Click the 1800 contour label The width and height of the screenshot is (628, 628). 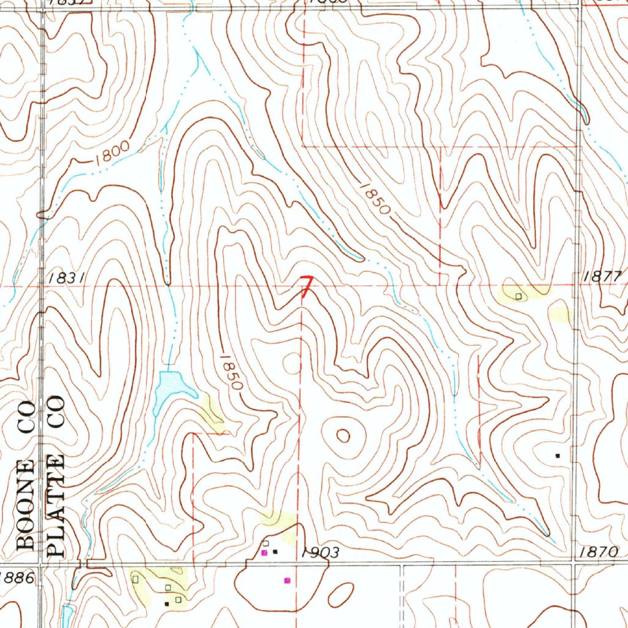(x=112, y=153)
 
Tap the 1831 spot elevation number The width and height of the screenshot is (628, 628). (x=64, y=278)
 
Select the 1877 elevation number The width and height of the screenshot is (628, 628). (x=602, y=276)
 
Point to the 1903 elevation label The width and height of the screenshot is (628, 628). (x=320, y=553)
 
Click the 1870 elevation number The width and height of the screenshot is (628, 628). (x=597, y=553)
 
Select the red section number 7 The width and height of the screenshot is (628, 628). (x=305, y=287)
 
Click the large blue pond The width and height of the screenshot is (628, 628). (x=170, y=386)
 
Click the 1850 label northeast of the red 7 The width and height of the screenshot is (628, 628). (x=375, y=198)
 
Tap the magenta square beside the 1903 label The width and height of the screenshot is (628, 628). (x=264, y=553)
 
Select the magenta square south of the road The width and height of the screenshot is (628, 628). (x=286, y=580)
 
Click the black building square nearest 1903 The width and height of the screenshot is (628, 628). (x=275, y=552)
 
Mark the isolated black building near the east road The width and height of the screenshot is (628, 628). (x=557, y=456)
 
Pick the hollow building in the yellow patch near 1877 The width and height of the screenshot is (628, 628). (x=518, y=296)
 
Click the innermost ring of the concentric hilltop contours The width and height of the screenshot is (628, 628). (x=343, y=436)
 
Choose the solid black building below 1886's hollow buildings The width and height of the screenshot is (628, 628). (x=166, y=603)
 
